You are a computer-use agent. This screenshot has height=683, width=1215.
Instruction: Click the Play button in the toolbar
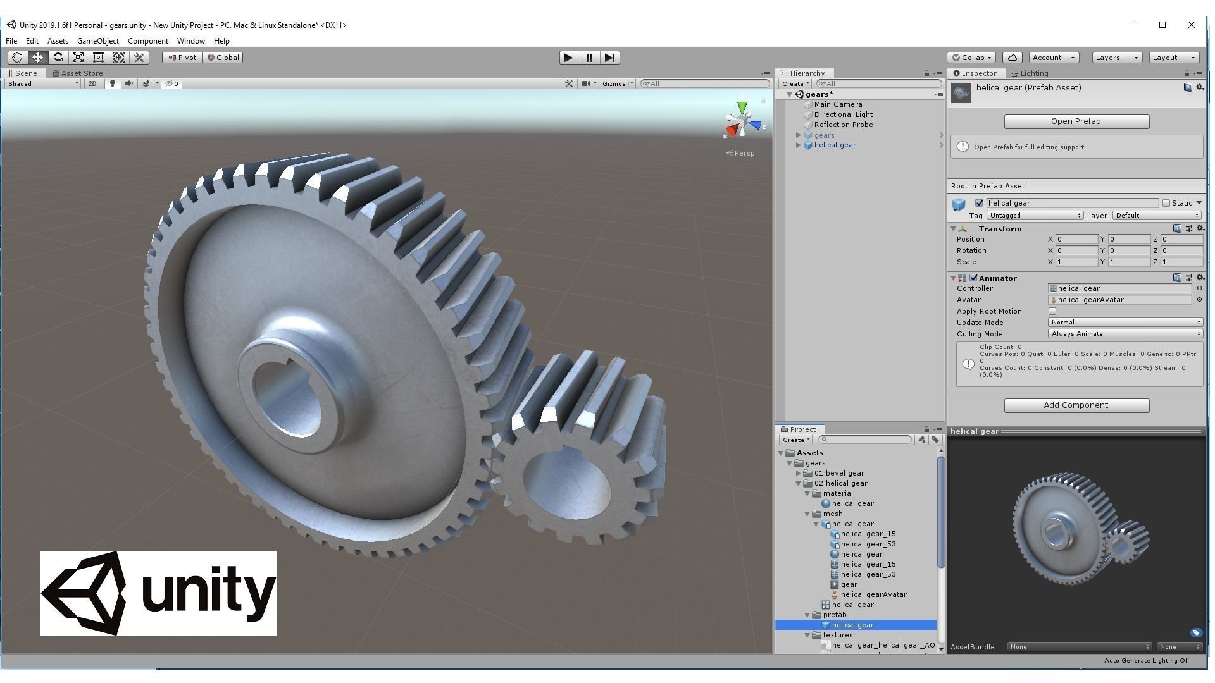(568, 58)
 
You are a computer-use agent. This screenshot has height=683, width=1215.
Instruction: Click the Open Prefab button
(1076, 121)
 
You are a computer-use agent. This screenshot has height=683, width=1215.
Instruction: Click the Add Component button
(1076, 405)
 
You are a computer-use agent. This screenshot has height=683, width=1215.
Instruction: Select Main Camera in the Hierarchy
(838, 104)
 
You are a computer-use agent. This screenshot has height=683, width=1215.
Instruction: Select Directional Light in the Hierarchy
(843, 114)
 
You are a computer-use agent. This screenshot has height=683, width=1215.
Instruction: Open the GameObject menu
(97, 41)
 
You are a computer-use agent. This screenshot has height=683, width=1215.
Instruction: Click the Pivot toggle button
(182, 58)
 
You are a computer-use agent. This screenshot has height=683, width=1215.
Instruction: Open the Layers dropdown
(1116, 58)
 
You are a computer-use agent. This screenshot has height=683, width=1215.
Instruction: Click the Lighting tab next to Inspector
(1033, 73)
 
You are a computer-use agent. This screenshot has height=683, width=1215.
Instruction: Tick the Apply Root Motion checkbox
(1052, 311)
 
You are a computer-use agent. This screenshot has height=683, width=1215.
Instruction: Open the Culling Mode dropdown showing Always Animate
(1125, 334)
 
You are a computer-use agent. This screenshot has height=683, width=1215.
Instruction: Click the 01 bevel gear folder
(838, 473)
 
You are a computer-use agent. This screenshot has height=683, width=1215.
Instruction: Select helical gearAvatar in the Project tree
(873, 594)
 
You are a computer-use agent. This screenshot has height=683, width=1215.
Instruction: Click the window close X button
(1192, 25)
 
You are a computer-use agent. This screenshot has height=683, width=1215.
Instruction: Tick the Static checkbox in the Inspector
(1166, 203)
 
